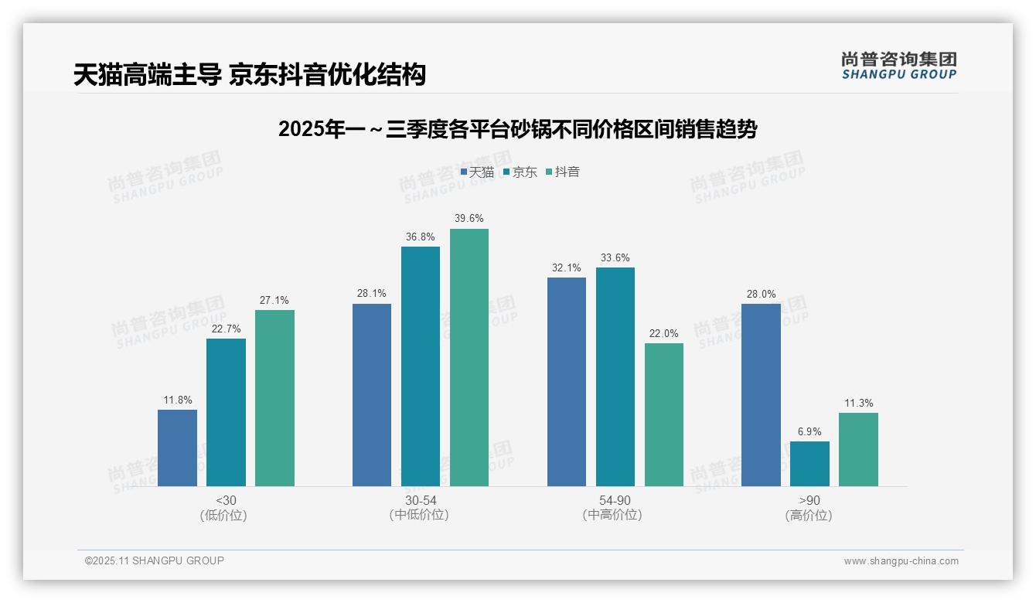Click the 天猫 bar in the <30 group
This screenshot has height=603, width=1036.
click(177, 448)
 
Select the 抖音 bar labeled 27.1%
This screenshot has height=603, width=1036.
click(274, 398)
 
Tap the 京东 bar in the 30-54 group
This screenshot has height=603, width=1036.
click(421, 366)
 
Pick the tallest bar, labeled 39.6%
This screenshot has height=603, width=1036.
click(469, 357)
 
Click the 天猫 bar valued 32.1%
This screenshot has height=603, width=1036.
click(567, 382)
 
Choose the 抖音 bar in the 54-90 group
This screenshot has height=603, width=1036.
click(664, 414)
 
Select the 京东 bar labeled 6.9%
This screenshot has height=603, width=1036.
click(809, 464)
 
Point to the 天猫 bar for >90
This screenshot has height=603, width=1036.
click(761, 395)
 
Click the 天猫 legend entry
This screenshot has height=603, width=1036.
click(477, 172)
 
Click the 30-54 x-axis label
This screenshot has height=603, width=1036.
click(420, 500)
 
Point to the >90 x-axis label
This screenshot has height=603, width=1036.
click(809, 500)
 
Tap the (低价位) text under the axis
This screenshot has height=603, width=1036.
click(224, 515)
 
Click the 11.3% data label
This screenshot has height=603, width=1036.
click(858, 403)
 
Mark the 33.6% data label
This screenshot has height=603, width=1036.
click(615, 258)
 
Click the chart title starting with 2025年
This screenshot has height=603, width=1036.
click(517, 129)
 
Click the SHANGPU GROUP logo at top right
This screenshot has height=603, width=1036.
click(898, 66)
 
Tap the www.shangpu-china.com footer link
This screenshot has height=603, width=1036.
click(901, 560)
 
